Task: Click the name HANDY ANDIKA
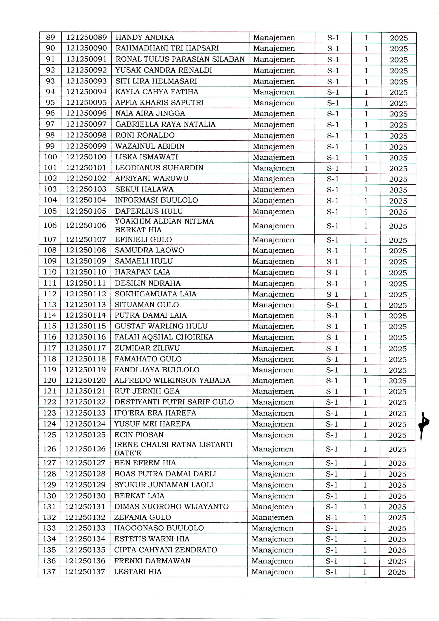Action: [x=145, y=37]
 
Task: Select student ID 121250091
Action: [x=87, y=59]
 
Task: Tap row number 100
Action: [x=50, y=157]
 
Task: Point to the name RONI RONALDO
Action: [x=145, y=135]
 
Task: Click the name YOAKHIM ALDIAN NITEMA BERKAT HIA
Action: [x=164, y=225]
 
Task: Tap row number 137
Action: [x=49, y=572]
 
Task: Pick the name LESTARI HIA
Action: [x=138, y=572]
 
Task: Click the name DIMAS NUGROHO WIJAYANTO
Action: [x=171, y=507]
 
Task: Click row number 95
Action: [x=50, y=102]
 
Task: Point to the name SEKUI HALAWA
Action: [x=144, y=189]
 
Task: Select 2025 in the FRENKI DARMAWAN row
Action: [x=397, y=561]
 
